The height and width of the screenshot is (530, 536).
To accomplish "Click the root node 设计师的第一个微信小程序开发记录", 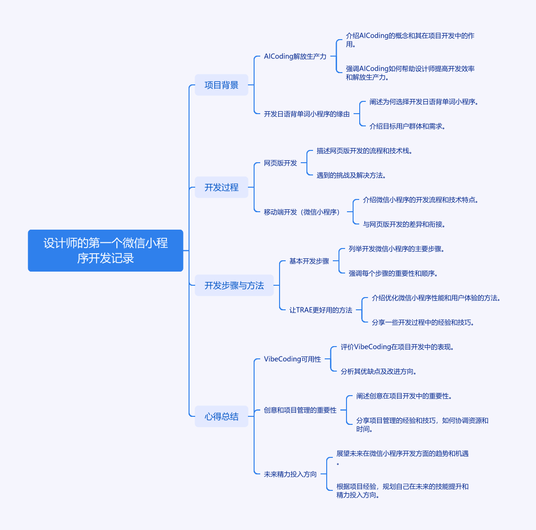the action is pyautogui.click(x=105, y=251).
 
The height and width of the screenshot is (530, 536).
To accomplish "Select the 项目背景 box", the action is pyautogui.click(x=222, y=85).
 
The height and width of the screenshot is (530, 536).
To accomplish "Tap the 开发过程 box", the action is pyautogui.click(x=222, y=187).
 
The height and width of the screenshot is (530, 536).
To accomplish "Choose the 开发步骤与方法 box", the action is pyautogui.click(x=234, y=285).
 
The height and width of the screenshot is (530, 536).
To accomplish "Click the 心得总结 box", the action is pyautogui.click(x=222, y=416).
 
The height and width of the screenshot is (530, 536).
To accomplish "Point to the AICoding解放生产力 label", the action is pyautogui.click(x=295, y=57).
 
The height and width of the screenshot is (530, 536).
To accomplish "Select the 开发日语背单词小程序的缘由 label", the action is pyautogui.click(x=306, y=114).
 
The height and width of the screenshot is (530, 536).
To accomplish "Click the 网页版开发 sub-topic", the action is pyautogui.click(x=280, y=163).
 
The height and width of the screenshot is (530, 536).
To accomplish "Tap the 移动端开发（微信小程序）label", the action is pyautogui.click(x=302, y=212).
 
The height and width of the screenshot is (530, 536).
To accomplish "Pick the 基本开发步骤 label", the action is pyautogui.click(x=309, y=261).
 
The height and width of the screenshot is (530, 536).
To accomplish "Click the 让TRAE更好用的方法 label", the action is pyautogui.click(x=321, y=310).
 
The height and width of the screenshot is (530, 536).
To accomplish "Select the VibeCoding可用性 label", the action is pyautogui.click(x=292, y=359).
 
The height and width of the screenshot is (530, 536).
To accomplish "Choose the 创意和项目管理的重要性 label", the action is pyautogui.click(x=300, y=410).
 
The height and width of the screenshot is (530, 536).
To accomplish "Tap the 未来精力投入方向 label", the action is pyautogui.click(x=290, y=474).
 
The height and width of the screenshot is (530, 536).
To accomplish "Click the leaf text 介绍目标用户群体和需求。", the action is pyautogui.click(x=407, y=126).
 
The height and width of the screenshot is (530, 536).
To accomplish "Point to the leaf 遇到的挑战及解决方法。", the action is pyautogui.click(x=351, y=175).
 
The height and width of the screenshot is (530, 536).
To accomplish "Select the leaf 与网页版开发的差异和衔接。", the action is pyautogui.click(x=404, y=224).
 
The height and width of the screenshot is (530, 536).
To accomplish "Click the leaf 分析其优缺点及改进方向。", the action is pyautogui.click(x=379, y=372).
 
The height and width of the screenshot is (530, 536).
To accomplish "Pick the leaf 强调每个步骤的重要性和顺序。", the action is pyautogui.click(x=393, y=273).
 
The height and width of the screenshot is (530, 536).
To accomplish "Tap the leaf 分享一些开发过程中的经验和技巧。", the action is pyautogui.click(x=423, y=323).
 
